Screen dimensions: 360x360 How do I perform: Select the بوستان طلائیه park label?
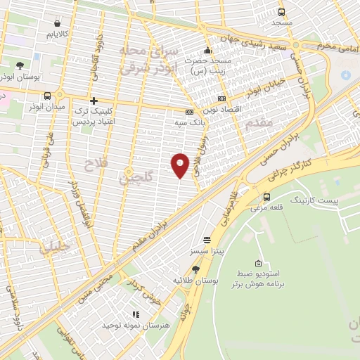pos(195,281)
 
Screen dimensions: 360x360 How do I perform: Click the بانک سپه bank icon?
pos(189,112)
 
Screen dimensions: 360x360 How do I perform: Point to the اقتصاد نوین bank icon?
pos(222,99)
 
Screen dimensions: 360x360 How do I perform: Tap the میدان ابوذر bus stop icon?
pos(47,95)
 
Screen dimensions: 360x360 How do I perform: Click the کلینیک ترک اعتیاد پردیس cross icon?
pos(94,101)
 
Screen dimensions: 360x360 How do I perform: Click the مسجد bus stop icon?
pos(282,12)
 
